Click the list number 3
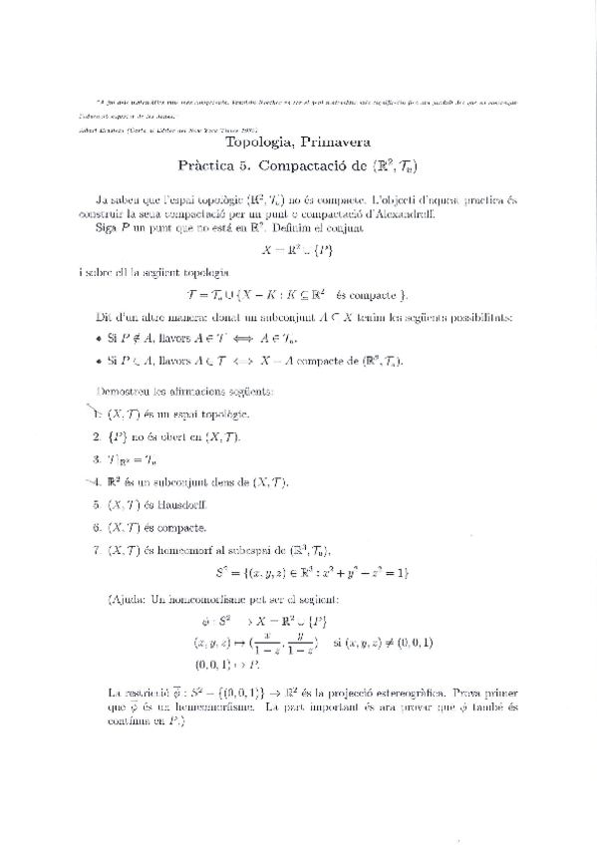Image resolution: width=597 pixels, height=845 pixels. click(x=97, y=459)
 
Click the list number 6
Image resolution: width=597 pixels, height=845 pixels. click(x=97, y=528)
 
